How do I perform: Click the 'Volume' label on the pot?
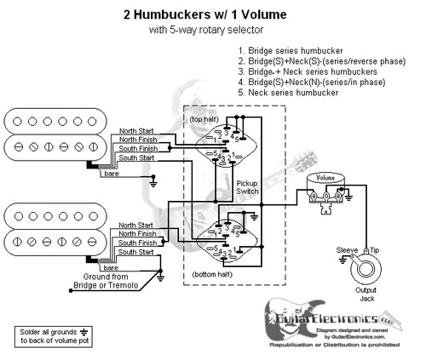pyautogui.click(x=325, y=177)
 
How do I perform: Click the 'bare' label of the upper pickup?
pyautogui.click(x=111, y=174)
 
